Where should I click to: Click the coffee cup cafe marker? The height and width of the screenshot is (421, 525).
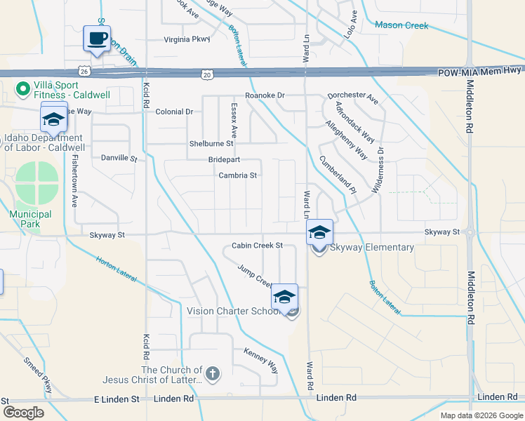[97, 38]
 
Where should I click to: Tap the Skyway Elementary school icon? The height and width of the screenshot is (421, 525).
[319, 232]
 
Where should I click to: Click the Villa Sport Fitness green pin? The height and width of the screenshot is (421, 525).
[22, 89]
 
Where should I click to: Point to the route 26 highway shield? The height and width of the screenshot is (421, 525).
[84, 71]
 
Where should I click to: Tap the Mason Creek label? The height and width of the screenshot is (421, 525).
[401, 25]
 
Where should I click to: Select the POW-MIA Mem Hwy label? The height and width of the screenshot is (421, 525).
[480, 73]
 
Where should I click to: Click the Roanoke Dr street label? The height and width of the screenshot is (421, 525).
[265, 95]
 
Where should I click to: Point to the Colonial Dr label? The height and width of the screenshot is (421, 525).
[174, 112]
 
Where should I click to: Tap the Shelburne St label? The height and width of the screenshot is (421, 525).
[211, 143]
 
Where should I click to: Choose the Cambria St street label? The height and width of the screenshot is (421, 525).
[238, 175]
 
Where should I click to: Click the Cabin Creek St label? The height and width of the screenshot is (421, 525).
[257, 246]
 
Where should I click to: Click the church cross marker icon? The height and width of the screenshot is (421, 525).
[213, 373]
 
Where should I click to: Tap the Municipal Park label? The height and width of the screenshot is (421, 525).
[30, 219]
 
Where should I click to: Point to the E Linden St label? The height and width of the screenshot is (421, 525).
[117, 399]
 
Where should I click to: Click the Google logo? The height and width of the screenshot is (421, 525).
[24, 413]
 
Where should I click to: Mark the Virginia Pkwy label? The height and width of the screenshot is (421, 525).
[187, 39]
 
